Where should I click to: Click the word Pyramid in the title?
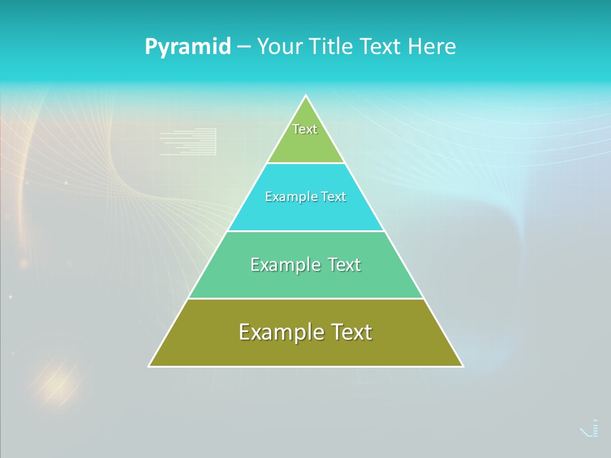pyautogui.click(x=188, y=47)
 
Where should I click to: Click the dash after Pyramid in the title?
pyautogui.click(x=244, y=47)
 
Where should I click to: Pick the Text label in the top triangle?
pyautogui.click(x=305, y=129)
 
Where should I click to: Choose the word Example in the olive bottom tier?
pyautogui.click(x=280, y=332)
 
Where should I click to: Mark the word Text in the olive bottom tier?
pyautogui.click(x=351, y=332)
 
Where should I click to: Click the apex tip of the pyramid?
pyautogui.click(x=306, y=97)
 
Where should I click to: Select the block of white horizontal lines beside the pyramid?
pyautogui.click(x=188, y=142)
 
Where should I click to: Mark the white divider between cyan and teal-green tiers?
pyautogui.click(x=306, y=231)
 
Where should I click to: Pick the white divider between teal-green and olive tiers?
pyautogui.click(x=306, y=298)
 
